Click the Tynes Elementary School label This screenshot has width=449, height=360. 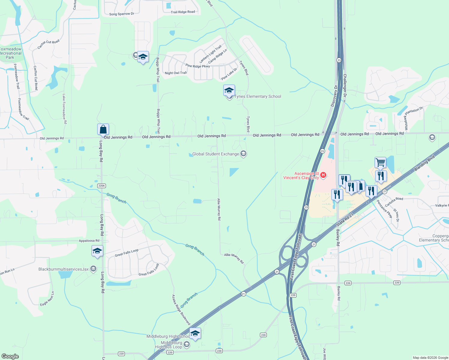(258, 96)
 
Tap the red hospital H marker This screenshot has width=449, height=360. (323, 175)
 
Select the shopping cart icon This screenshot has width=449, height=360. (380, 162)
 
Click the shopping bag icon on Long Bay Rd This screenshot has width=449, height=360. (103, 129)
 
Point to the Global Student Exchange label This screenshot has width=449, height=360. (215, 154)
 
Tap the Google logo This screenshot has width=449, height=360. (10, 356)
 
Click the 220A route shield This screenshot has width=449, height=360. (101, 186)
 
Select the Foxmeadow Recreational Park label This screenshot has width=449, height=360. (11, 53)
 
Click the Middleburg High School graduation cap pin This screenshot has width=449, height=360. (195, 333)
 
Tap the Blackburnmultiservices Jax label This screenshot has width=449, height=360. (64, 269)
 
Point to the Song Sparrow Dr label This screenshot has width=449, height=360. (122, 14)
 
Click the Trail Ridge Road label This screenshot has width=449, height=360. (183, 12)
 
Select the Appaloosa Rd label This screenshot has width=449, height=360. (89, 241)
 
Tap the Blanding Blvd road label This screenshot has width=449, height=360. (424, 163)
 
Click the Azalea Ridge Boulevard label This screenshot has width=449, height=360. (181, 310)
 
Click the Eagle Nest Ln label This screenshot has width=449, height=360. (47, 299)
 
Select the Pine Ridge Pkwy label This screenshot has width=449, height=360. (197, 66)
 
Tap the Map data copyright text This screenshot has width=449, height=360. (430, 358)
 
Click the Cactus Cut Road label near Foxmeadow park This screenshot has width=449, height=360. (48, 44)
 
